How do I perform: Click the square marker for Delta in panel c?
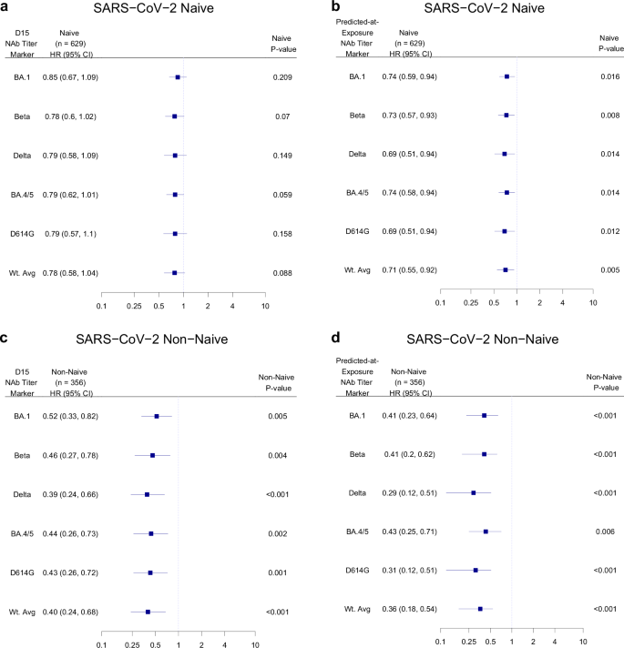click(x=147, y=494)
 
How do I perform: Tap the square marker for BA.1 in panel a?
click(x=178, y=77)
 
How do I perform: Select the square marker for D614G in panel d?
click(x=476, y=570)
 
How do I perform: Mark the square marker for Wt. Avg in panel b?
click(x=506, y=269)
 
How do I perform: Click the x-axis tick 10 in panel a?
click(x=265, y=306)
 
